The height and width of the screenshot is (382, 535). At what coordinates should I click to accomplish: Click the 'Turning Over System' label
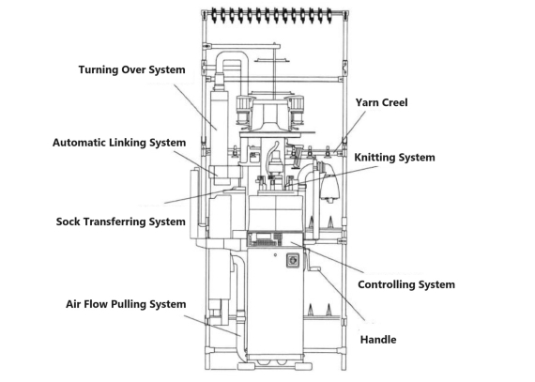[x=132, y=69]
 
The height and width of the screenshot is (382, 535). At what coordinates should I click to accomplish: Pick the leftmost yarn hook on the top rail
[x=217, y=17]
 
